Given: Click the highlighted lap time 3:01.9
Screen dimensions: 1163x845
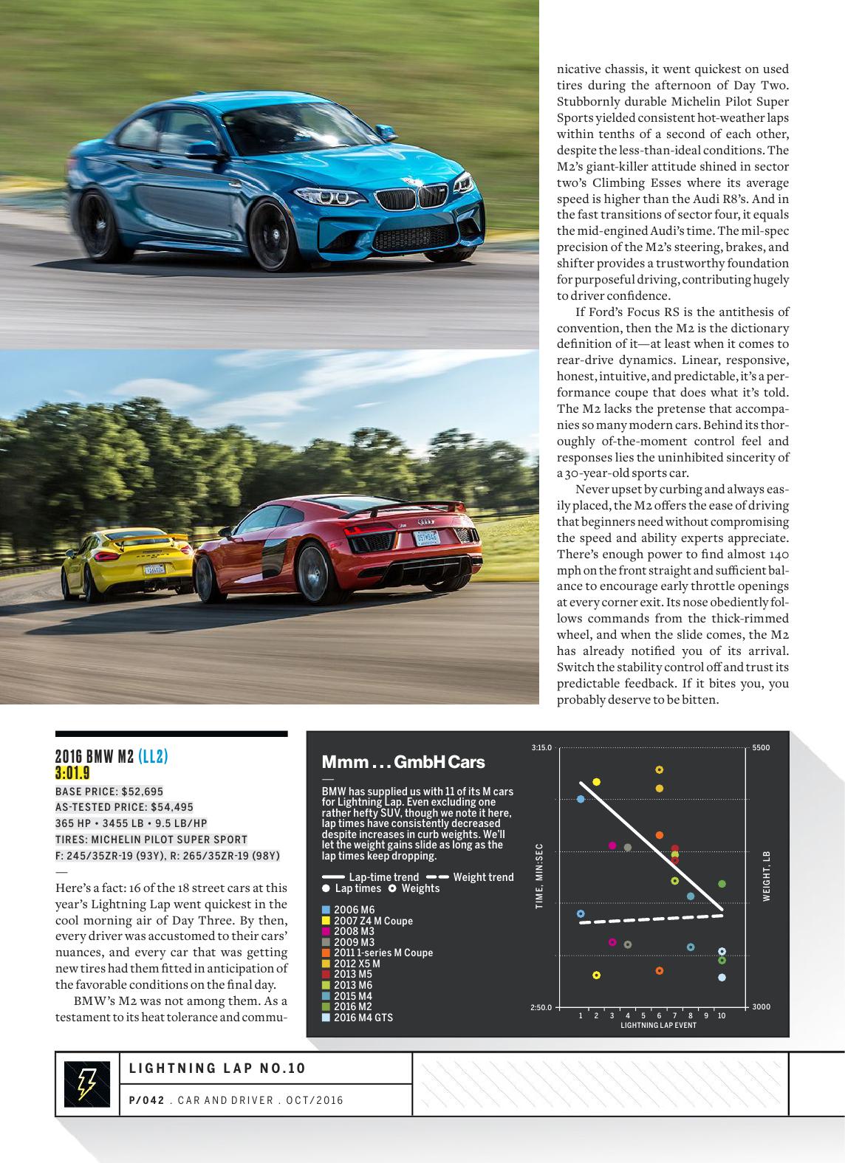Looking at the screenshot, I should tap(72, 773).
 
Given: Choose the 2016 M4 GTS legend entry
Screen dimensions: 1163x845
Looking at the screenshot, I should tap(363, 1018).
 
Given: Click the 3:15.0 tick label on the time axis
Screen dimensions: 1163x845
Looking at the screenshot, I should tap(541, 748).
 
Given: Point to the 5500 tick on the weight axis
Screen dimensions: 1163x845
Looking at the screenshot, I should tap(761, 748).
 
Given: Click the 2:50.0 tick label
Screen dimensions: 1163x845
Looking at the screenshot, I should tap(541, 1007).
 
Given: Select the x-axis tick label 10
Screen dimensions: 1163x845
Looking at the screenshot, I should tap(722, 1016).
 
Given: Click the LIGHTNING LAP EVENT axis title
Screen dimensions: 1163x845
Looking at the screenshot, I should tap(658, 1026).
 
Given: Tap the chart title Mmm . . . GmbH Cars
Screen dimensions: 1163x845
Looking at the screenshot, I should tap(403, 762).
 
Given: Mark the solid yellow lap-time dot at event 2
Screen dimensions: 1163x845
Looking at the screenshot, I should tap(596, 782).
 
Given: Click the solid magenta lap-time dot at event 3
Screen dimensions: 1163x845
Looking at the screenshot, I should tap(612, 845).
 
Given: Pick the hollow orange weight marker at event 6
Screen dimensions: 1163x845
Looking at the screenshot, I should tap(660, 970).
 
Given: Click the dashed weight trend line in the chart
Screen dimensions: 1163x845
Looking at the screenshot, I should tap(650, 919).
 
